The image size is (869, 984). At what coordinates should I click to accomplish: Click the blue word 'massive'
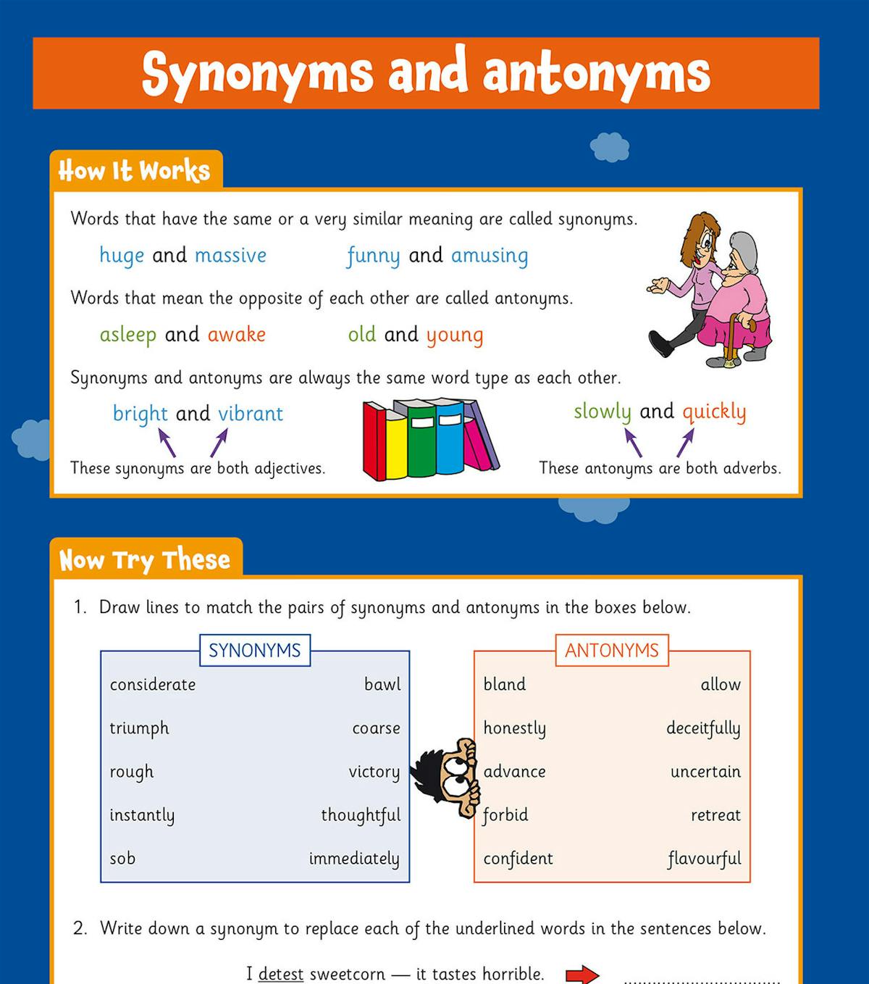tap(230, 256)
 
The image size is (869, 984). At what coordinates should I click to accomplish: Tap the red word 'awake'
tap(236, 335)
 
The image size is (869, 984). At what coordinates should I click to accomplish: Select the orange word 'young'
tap(454, 335)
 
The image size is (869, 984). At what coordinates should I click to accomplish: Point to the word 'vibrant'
tap(251, 414)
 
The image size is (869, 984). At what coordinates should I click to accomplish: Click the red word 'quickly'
tap(713, 412)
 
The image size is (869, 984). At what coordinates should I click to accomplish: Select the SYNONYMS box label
tap(254, 651)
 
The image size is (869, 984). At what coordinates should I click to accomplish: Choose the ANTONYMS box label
tap(611, 651)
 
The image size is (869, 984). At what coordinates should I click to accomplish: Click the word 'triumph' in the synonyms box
tap(139, 728)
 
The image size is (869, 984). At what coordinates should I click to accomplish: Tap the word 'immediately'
tap(354, 859)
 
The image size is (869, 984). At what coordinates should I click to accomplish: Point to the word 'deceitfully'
tap(703, 728)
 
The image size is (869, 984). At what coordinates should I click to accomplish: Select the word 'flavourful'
tap(704, 859)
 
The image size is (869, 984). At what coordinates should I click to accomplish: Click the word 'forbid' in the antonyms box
tap(505, 815)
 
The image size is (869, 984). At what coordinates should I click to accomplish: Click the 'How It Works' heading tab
tap(135, 171)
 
